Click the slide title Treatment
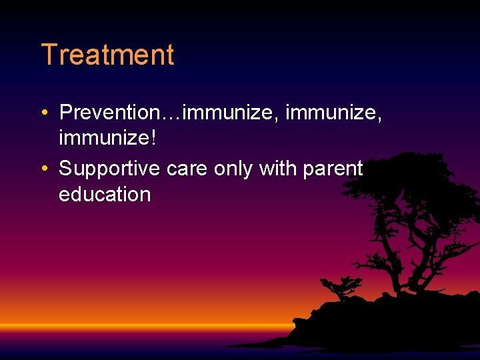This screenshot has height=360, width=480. pyautogui.click(x=107, y=55)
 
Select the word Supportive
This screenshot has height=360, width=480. pyautogui.click(x=109, y=169)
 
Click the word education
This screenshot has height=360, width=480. pyautogui.click(x=105, y=195)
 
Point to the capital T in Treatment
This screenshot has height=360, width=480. pyautogui.click(x=47, y=55)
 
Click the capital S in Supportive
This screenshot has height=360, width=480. pyautogui.click(x=65, y=169)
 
